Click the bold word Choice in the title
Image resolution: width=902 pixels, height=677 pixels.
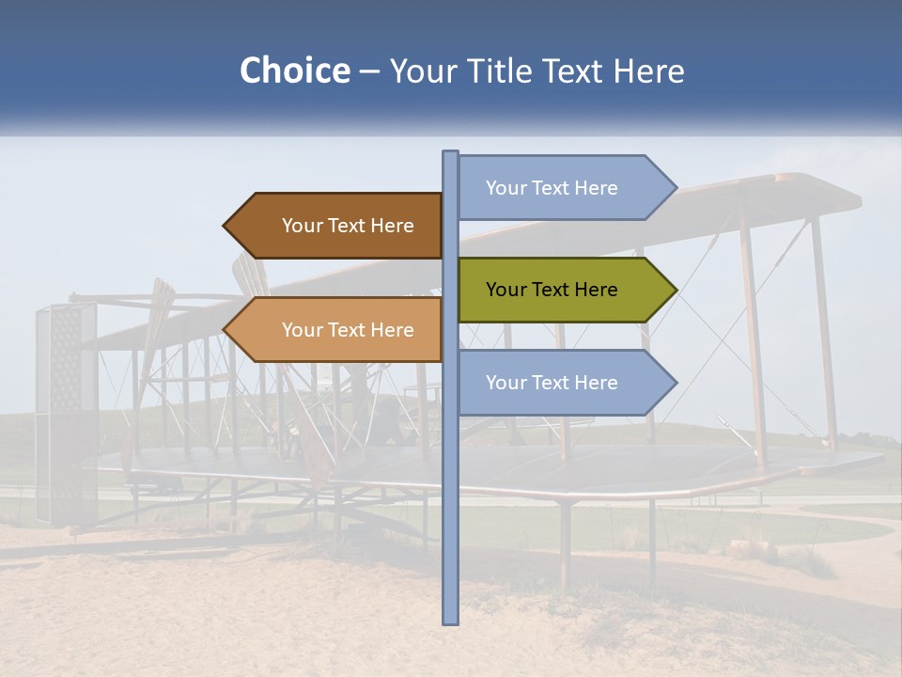click(x=294, y=71)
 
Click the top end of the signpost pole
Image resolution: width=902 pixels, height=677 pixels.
click(x=450, y=153)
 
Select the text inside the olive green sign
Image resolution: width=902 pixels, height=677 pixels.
click(x=552, y=290)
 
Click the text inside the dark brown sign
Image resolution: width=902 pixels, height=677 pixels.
click(x=348, y=226)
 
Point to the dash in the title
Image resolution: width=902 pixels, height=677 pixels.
click(x=369, y=71)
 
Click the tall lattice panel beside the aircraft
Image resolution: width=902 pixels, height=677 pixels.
click(x=66, y=414)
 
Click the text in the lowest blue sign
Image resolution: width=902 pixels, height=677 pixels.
click(x=552, y=383)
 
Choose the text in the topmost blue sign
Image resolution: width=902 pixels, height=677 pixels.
click(x=552, y=188)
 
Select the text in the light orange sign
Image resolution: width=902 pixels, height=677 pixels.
click(x=348, y=330)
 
